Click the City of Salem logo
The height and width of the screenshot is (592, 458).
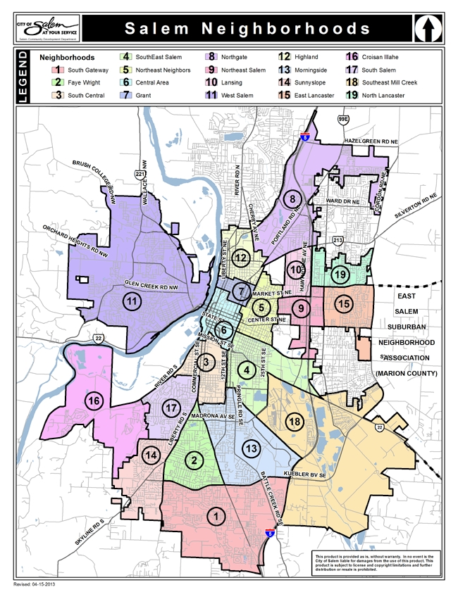(47, 29)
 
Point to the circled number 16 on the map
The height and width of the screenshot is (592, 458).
(93, 400)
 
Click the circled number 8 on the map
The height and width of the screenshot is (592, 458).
(292, 198)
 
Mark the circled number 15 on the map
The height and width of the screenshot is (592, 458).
(343, 304)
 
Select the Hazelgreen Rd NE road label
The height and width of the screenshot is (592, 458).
(366, 141)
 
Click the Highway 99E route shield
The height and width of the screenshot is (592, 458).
(343, 120)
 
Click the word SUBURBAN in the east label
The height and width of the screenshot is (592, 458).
(407, 327)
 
